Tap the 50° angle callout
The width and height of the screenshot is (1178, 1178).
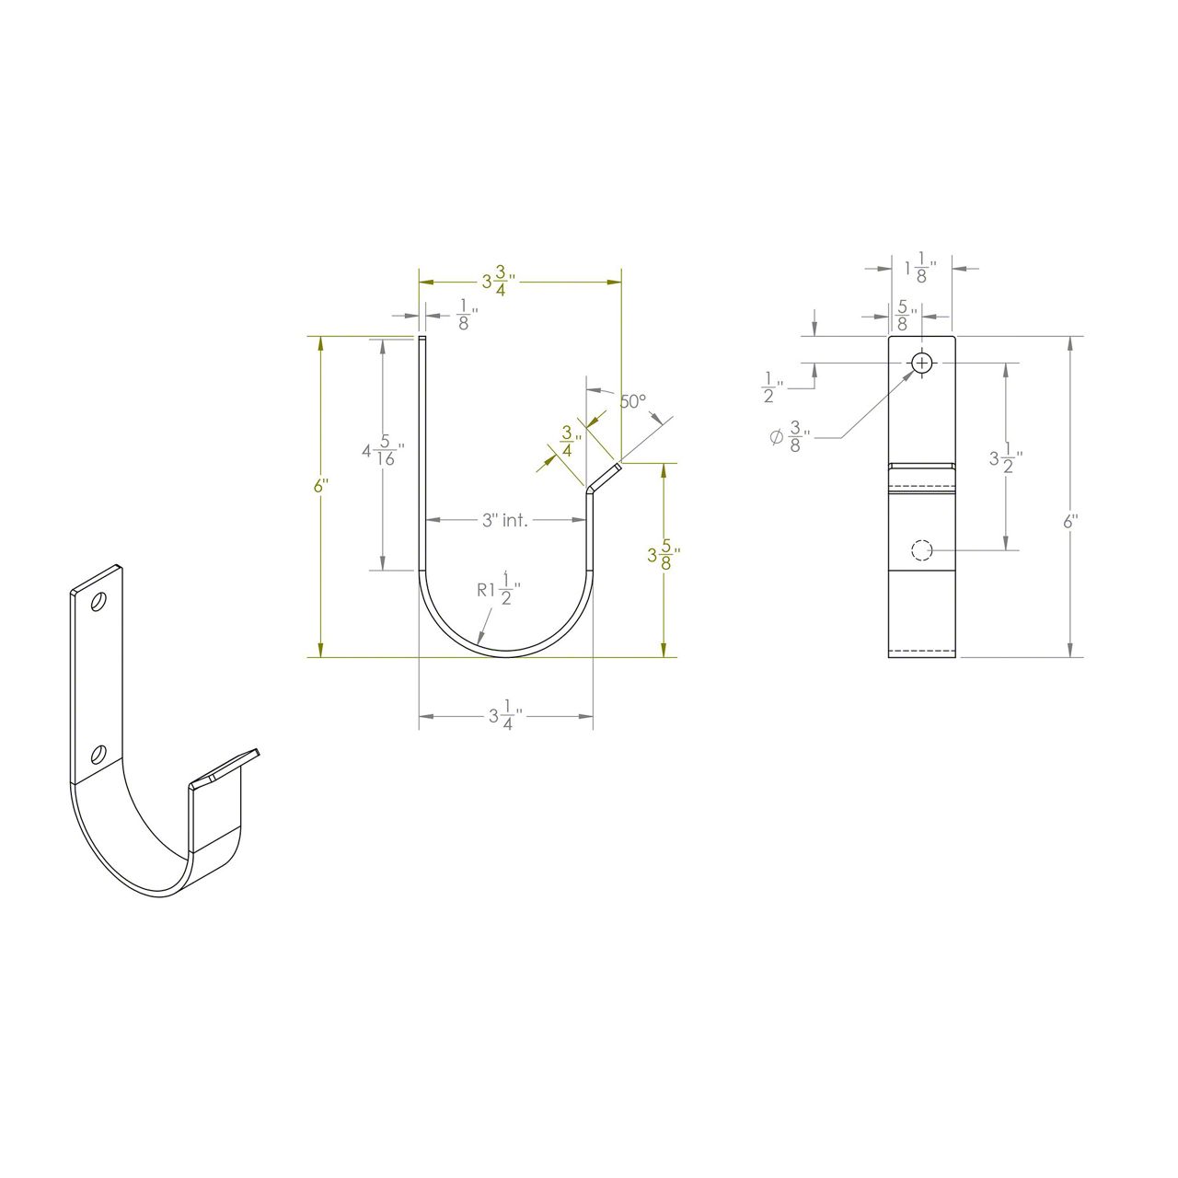point(632,402)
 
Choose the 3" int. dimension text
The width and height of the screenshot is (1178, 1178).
point(505,521)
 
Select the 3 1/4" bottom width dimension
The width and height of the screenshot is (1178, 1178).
point(505,715)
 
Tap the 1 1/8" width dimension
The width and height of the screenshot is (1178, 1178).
point(920,269)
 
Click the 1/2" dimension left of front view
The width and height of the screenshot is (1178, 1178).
point(772,387)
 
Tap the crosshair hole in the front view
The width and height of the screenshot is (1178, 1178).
point(922,364)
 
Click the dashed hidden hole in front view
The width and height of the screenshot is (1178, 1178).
point(921,550)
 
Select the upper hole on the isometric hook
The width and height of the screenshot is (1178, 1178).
point(98,602)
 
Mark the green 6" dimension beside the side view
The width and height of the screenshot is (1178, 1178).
point(319,486)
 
